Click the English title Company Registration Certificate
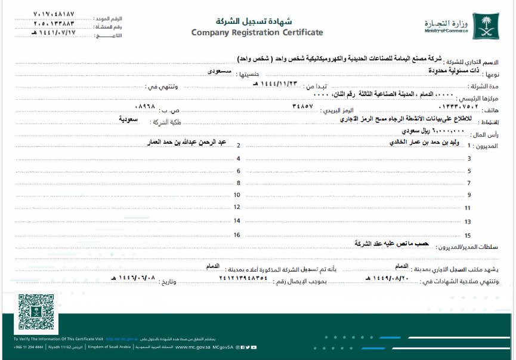257,32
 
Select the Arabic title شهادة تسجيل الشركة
257,20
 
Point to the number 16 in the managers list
237,235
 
